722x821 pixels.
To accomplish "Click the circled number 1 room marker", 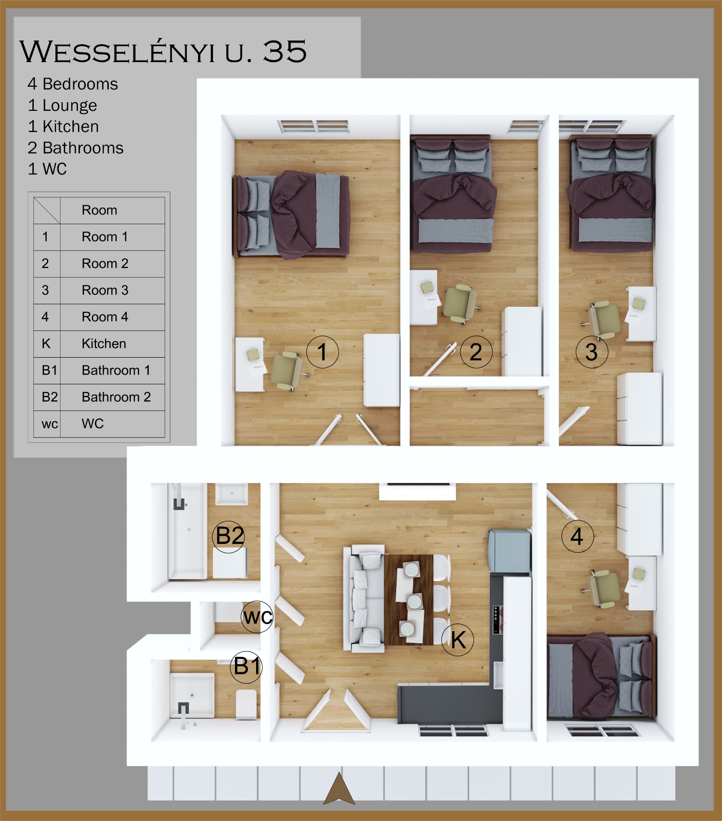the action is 322,353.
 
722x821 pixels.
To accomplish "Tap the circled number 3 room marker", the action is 592,353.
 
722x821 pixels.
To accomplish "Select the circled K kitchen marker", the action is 458,640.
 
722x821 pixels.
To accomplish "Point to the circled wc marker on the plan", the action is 257,617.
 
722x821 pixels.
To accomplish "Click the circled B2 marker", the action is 229,536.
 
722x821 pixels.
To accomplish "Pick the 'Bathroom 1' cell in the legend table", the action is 112,370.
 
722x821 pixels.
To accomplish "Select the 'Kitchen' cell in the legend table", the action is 112,344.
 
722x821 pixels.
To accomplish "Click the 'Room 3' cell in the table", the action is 112,290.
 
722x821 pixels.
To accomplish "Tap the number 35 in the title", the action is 285,51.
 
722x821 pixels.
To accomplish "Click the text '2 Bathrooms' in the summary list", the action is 75,148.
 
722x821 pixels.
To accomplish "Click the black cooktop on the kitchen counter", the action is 496,620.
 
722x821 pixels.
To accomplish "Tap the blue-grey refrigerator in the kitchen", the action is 509,551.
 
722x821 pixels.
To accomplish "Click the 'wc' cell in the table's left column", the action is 47,424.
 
